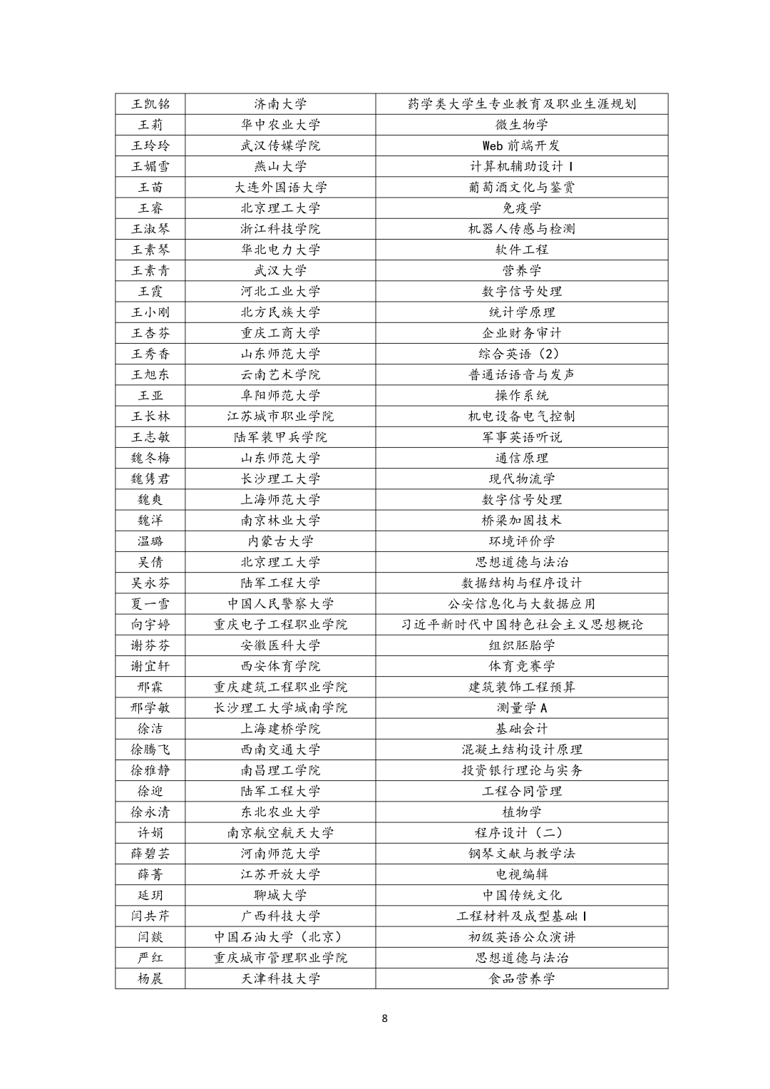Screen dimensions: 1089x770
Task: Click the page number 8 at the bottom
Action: (385, 1018)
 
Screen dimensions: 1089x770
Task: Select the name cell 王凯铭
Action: (150, 104)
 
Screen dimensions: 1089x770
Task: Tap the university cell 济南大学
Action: (280, 104)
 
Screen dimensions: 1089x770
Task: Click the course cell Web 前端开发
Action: (521, 145)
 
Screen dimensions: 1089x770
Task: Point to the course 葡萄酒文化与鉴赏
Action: (521, 188)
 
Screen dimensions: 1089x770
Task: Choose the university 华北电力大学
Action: (280, 250)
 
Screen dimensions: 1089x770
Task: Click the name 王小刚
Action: (150, 312)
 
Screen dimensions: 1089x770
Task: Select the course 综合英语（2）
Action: (521, 354)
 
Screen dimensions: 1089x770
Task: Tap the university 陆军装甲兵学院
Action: (280, 437)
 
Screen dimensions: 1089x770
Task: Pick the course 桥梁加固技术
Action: (521, 521)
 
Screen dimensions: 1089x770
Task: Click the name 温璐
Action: (150, 541)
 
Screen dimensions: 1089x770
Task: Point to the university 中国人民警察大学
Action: (280, 604)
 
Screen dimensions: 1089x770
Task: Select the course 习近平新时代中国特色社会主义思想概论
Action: (521, 625)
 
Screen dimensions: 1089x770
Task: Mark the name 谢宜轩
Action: (150, 666)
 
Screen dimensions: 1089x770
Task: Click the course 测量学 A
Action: (521, 708)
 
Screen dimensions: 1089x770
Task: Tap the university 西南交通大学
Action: (280, 750)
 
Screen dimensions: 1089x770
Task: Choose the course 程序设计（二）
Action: (521, 833)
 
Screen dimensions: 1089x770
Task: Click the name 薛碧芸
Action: (150, 854)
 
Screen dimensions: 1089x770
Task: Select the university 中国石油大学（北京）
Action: (280, 937)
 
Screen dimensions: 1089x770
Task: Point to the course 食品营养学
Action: (521, 978)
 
